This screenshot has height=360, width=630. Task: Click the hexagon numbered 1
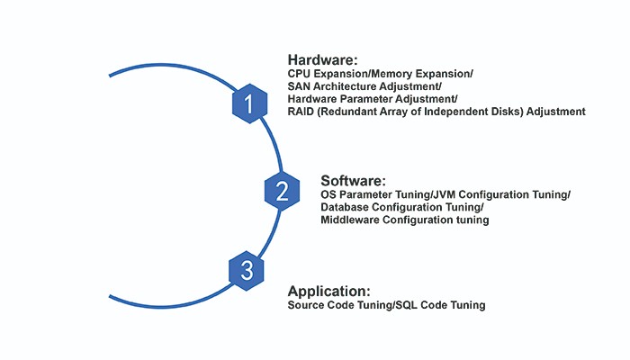(248, 104)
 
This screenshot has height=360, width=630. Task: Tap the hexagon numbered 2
(282, 190)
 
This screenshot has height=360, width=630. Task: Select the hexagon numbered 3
(247, 270)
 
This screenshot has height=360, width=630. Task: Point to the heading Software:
(353, 180)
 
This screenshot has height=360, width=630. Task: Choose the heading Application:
(328, 291)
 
